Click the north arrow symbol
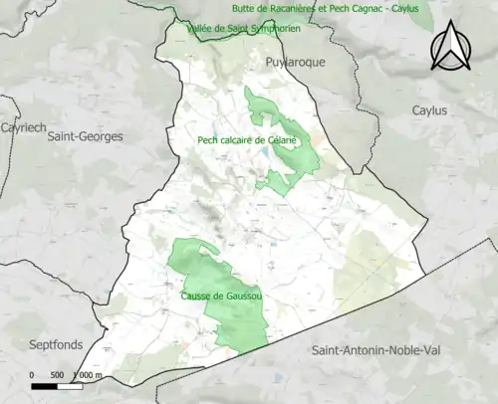[x=450, y=47]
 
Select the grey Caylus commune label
[x=430, y=110]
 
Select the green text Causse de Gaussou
[x=222, y=297]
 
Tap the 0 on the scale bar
[x=32, y=375]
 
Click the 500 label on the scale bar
[x=58, y=375]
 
